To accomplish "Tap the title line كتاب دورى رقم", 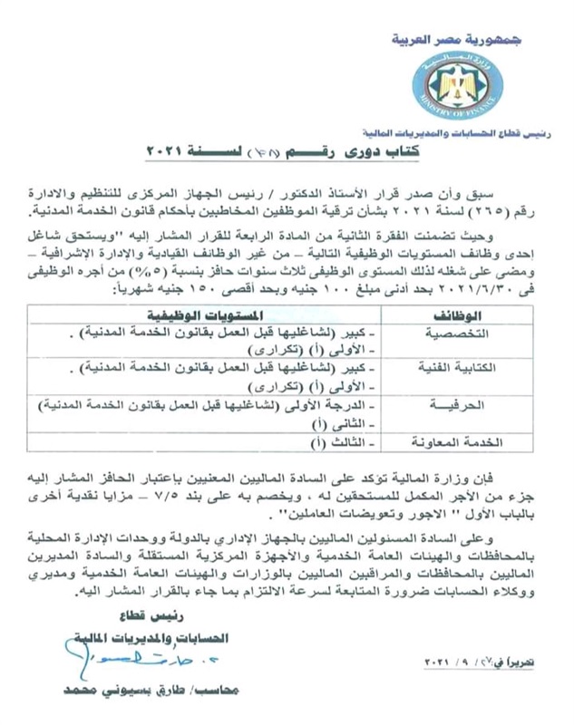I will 282,154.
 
